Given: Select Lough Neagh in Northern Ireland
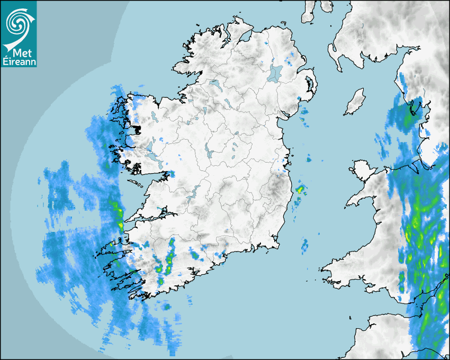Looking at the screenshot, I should [275, 73].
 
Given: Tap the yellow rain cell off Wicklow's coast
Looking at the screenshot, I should [300, 188].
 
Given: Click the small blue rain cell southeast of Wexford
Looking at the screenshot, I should [304, 245].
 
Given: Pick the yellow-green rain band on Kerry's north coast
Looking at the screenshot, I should [119, 214].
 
